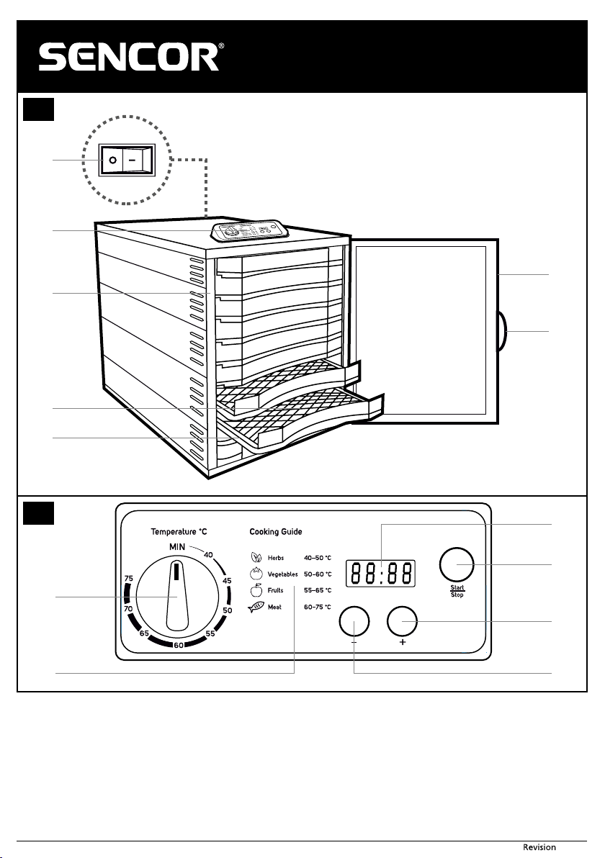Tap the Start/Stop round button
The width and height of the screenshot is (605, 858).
click(457, 565)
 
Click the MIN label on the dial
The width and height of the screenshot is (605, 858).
click(177, 546)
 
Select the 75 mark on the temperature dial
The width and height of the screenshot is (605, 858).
click(129, 579)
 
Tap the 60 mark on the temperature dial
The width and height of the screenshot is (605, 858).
click(179, 645)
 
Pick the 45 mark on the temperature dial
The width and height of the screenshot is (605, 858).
click(227, 581)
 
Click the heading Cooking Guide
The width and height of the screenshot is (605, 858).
click(275, 531)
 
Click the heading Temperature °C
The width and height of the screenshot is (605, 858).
click(179, 531)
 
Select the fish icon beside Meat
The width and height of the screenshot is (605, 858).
click(256, 607)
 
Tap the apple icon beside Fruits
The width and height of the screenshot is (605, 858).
click(256, 590)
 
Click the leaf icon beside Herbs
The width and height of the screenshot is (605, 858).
click(256, 558)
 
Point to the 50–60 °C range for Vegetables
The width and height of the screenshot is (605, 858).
click(318, 574)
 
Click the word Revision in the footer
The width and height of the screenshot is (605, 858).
click(539, 847)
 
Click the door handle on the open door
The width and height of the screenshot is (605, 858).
click(502, 331)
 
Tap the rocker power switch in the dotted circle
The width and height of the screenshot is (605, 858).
click(127, 161)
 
